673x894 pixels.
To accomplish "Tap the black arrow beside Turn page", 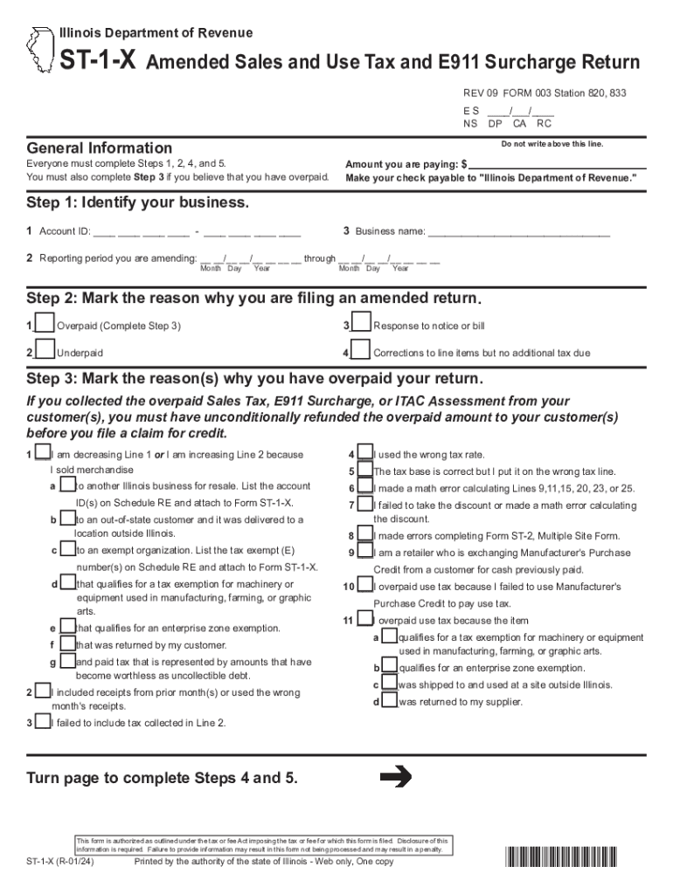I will [397, 776].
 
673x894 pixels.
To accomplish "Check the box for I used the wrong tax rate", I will [365, 454].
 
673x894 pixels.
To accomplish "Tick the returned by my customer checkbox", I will [67, 644].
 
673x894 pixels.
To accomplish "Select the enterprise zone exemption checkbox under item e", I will [67, 628].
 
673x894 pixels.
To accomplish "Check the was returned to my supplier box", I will [390, 700].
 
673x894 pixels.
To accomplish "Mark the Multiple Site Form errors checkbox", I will [365, 535].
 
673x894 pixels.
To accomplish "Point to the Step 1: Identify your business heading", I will [138, 203].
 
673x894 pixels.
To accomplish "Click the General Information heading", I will [100, 148].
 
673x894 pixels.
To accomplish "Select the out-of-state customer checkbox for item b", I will [67, 519].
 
